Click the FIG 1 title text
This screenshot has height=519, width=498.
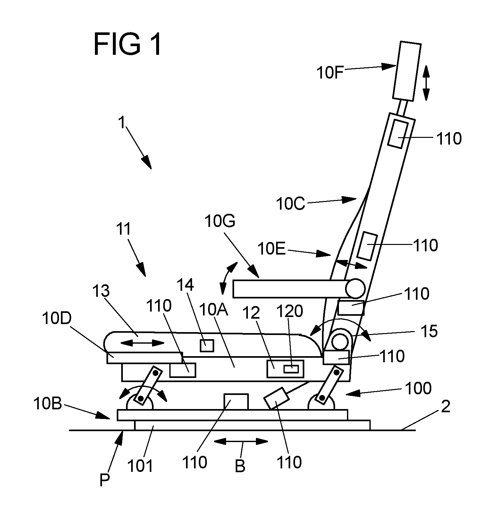127,45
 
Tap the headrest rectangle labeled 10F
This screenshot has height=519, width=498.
407,71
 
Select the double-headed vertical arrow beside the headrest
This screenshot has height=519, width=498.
426,83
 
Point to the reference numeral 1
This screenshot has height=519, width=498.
122,123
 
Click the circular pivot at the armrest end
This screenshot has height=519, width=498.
355,288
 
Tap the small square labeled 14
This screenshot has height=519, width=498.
207,346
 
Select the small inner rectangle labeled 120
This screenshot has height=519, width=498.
291,369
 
